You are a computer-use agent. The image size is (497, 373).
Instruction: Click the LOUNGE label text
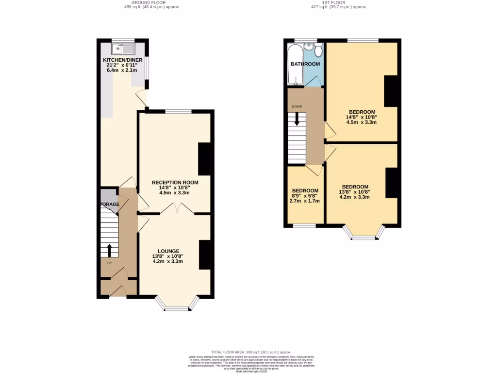167,251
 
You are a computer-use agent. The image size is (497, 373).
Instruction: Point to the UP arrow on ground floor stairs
109,251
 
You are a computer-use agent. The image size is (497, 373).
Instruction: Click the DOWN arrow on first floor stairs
297,119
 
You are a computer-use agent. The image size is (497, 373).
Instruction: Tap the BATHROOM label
305,64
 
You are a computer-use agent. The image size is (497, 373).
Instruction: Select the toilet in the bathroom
318,51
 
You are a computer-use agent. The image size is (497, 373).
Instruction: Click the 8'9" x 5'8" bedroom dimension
305,196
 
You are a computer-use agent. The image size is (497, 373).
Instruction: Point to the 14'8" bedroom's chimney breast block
392,91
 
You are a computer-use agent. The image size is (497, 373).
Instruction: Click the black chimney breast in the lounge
206,255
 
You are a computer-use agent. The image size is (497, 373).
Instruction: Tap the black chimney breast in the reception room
205,159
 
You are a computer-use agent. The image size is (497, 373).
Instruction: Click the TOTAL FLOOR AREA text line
250,352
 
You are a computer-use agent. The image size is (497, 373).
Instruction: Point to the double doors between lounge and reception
178,210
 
